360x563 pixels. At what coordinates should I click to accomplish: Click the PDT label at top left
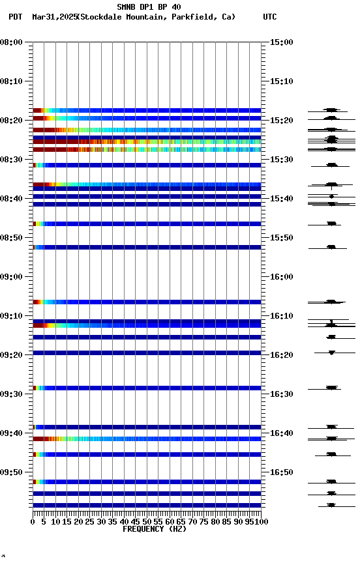point(15,17)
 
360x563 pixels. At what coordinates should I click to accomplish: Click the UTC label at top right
point(269,17)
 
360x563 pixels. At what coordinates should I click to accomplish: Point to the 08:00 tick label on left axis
point(12,42)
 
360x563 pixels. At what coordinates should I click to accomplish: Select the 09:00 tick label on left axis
point(12,277)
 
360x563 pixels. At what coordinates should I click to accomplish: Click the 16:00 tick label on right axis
point(282,277)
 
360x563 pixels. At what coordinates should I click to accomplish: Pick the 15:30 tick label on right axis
point(282,160)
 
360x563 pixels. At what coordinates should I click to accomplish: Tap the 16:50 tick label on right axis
point(282,472)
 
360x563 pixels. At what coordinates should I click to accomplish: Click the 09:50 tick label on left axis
point(12,472)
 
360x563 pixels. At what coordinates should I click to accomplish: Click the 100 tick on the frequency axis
point(261,522)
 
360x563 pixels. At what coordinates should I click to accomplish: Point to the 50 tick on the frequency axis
point(147,522)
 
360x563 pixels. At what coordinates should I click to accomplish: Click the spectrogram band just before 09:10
point(147,302)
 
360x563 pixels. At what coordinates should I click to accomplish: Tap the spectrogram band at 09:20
point(147,353)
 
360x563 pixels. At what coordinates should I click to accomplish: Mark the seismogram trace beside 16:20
point(332,353)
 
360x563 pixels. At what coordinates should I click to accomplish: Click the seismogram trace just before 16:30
point(332,388)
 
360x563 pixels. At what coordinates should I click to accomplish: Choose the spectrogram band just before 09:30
point(147,388)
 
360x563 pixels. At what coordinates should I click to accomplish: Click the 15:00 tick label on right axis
point(282,42)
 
